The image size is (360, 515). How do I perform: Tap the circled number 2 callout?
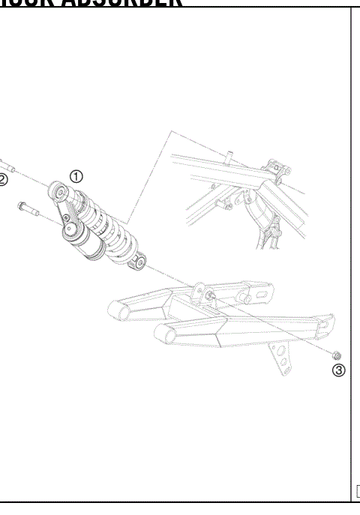tap(3, 179)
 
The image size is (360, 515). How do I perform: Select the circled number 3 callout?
tap(338, 370)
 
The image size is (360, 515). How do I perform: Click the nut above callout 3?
tap(337, 354)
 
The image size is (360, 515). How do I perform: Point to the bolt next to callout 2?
tap(4, 163)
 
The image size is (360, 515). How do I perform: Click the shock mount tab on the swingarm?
tap(199, 290)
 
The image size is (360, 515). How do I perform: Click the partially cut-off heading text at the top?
tap(90, 3)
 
